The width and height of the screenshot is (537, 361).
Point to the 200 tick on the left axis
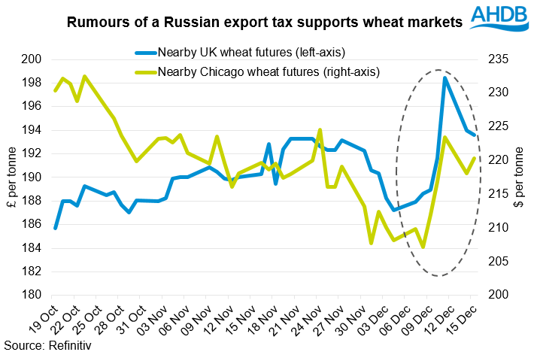pyautogui.click(x=33, y=59)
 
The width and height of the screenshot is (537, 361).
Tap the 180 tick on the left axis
pyautogui.click(x=33, y=295)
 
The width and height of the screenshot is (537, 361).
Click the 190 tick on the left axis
pyautogui.click(x=33, y=177)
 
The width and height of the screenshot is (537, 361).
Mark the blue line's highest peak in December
pyautogui.click(x=445, y=78)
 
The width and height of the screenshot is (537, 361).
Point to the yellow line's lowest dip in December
pyautogui.click(x=423, y=247)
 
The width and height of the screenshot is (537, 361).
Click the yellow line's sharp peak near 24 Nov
pyautogui.click(x=320, y=130)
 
